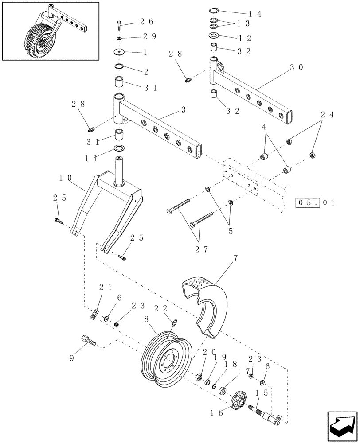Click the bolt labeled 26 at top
[x=120, y=25]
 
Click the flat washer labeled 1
[x=118, y=52]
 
